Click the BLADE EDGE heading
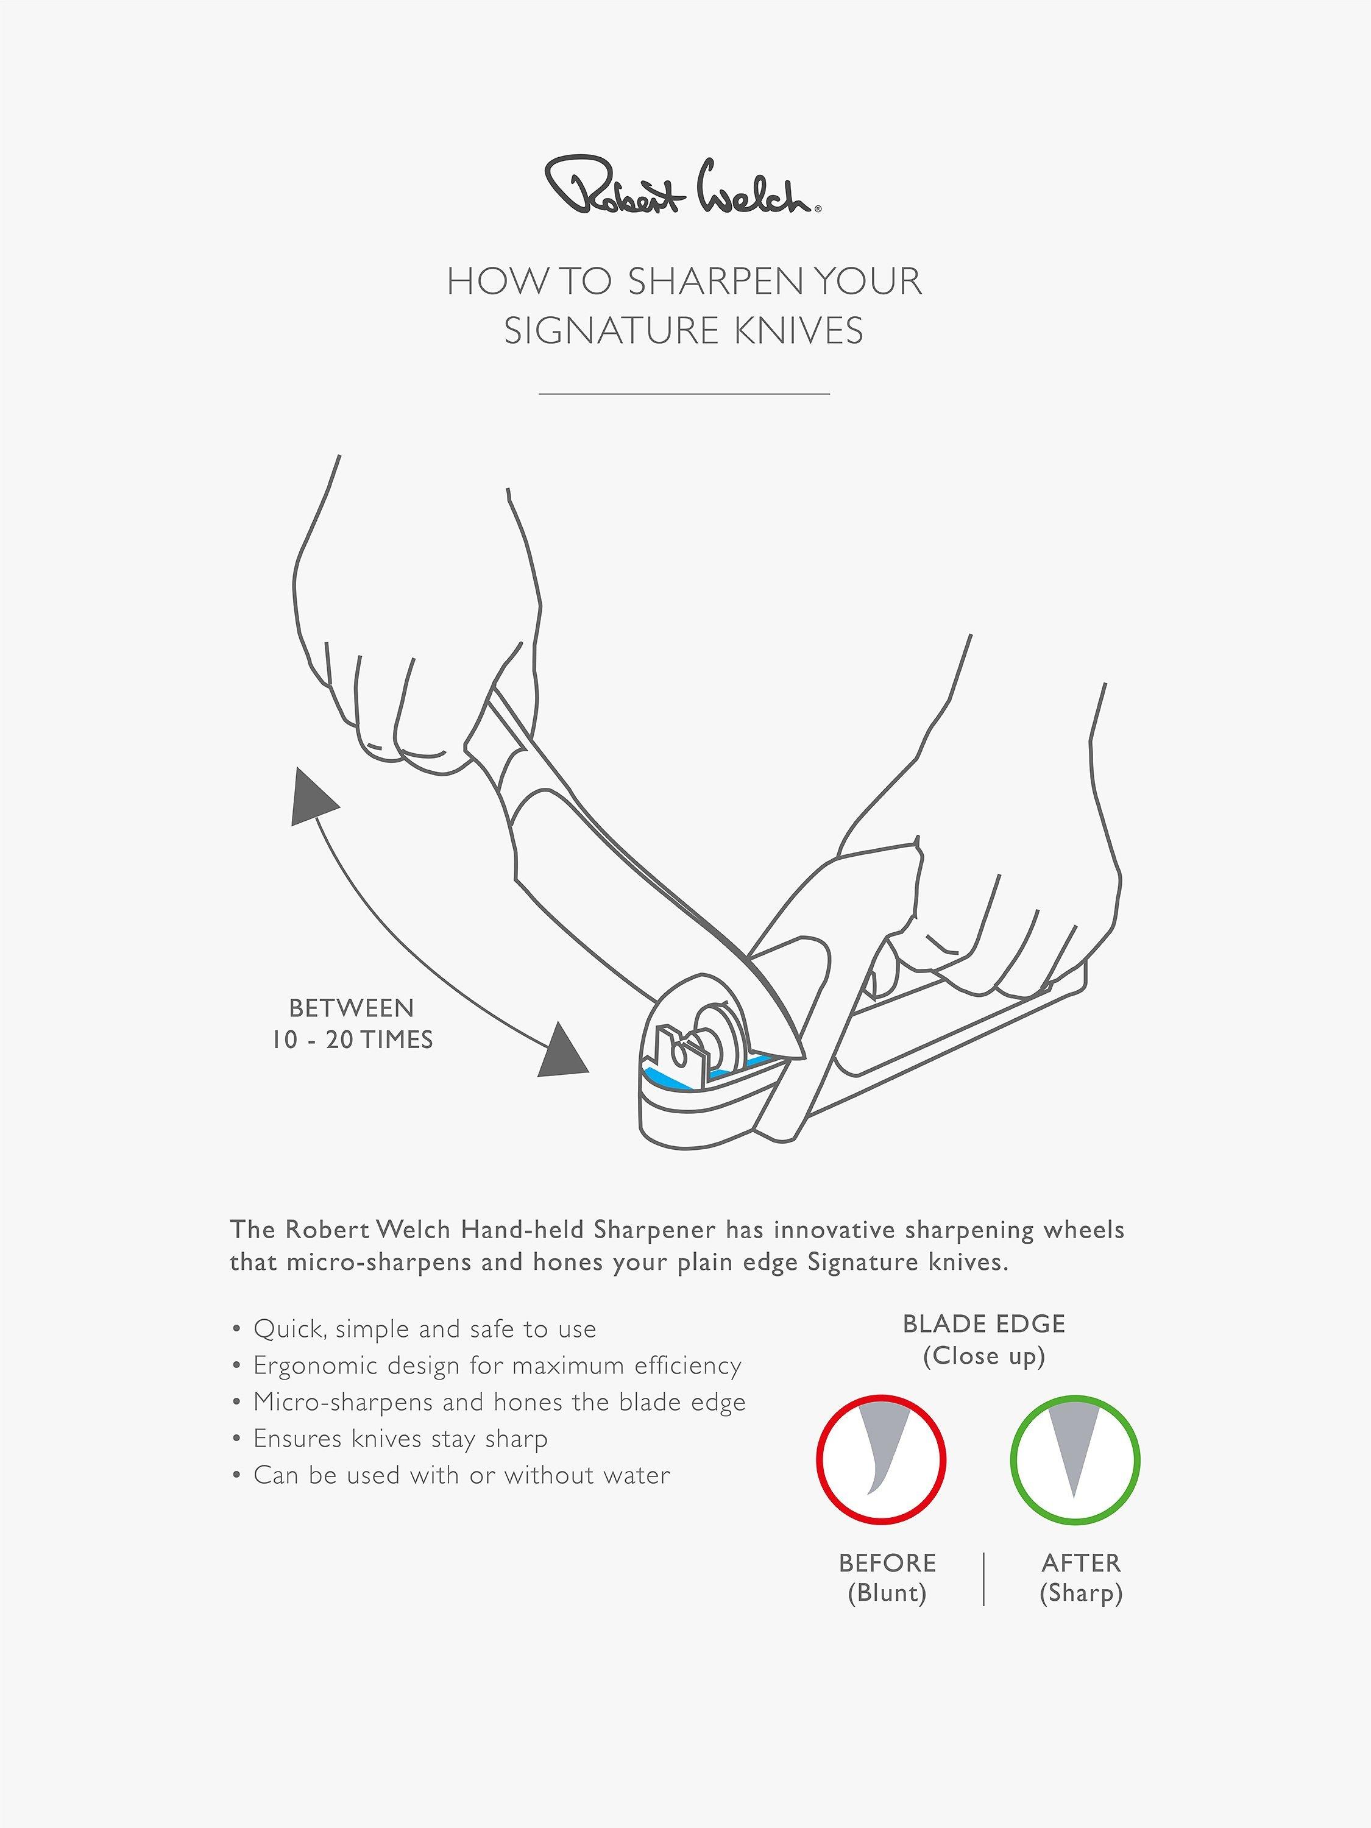click(984, 1324)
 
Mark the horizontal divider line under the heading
click(684, 394)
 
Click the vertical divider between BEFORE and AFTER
click(984, 1578)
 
